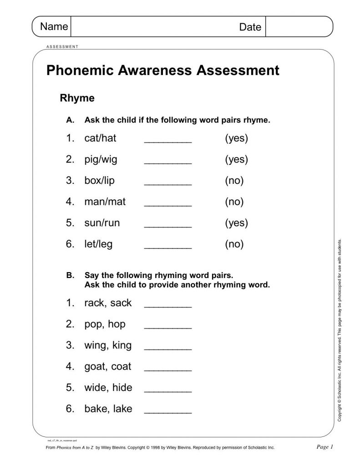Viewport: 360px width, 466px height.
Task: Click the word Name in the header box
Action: tap(54, 26)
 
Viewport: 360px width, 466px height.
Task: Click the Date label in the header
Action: tap(250, 27)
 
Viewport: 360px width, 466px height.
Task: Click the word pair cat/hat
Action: tap(101, 138)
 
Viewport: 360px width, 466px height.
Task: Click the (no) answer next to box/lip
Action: tap(234, 181)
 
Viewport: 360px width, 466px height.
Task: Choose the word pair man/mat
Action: tap(105, 202)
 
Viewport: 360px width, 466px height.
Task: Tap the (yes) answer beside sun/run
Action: tap(236, 223)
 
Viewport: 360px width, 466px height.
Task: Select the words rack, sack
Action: tap(108, 303)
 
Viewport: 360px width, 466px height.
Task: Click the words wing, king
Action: tap(108, 345)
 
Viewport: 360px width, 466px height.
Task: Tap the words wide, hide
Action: tap(108, 388)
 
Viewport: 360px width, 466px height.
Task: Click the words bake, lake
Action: tap(108, 409)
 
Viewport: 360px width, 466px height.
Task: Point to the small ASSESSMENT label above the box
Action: tap(63, 46)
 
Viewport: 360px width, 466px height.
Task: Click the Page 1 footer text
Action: tap(325, 447)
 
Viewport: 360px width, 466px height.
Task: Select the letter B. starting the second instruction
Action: tap(70, 275)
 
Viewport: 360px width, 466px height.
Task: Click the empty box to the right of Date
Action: tap(299, 26)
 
